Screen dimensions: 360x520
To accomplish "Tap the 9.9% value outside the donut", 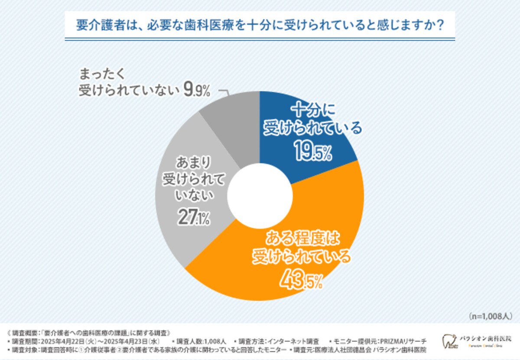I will [198, 90].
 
